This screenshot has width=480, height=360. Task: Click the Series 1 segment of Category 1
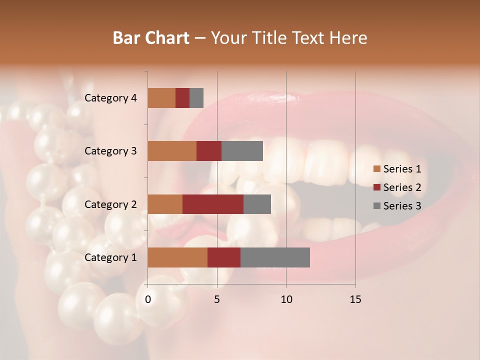click(x=177, y=257)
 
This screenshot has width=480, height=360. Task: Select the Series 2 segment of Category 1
click(x=224, y=257)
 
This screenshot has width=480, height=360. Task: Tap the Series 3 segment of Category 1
click(x=275, y=257)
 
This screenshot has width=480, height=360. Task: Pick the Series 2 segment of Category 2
click(x=213, y=204)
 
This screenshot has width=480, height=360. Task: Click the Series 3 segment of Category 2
click(x=257, y=204)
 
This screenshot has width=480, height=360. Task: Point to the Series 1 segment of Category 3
click(x=172, y=151)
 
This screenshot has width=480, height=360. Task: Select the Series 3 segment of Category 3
click(x=242, y=151)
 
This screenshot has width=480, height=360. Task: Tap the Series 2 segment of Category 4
click(x=182, y=98)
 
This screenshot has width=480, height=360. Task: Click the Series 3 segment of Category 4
click(x=196, y=98)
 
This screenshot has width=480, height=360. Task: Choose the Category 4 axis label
click(x=110, y=98)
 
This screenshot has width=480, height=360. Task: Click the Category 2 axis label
click(x=110, y=204)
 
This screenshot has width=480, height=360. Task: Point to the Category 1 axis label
click(x=110, y=257)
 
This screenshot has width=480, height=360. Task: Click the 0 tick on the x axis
click(x=148, y=299)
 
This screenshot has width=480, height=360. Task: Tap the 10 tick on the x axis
click(x=286, y=299)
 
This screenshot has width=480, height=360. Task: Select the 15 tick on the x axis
click(x=355, y=299)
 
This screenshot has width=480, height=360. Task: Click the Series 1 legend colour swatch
click(x=376, y=169)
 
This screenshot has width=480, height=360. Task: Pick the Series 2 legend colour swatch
click(x=376, y=187)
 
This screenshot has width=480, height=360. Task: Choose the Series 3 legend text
click(x=402, y=206)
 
